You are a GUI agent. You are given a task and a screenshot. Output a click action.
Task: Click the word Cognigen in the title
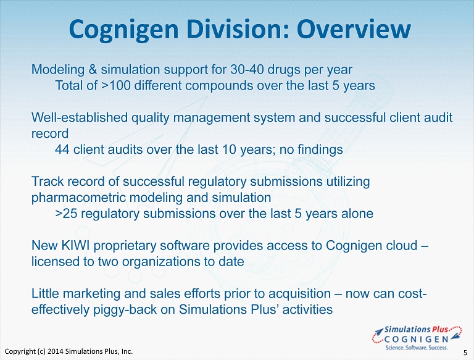click(123, 30)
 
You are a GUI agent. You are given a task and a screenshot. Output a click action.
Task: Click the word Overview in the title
click(354, 29)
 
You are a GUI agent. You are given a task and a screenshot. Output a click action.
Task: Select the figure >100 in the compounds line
click(116, 86)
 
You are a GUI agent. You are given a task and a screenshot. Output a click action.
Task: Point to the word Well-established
click(80, 117)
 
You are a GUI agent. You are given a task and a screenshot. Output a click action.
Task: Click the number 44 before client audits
click(62, 149)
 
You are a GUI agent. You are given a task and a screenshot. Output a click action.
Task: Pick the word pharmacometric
click(78, 198)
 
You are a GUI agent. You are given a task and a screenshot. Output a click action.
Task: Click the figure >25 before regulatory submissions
click(66, 214)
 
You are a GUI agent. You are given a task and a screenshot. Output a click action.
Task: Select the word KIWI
click(75, 245)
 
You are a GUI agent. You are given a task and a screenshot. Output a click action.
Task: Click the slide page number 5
click(465, 353)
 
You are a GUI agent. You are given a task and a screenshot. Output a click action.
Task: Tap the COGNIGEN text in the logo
click(416, 339)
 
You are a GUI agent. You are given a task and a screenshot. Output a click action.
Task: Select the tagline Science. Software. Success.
click(416, 348)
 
